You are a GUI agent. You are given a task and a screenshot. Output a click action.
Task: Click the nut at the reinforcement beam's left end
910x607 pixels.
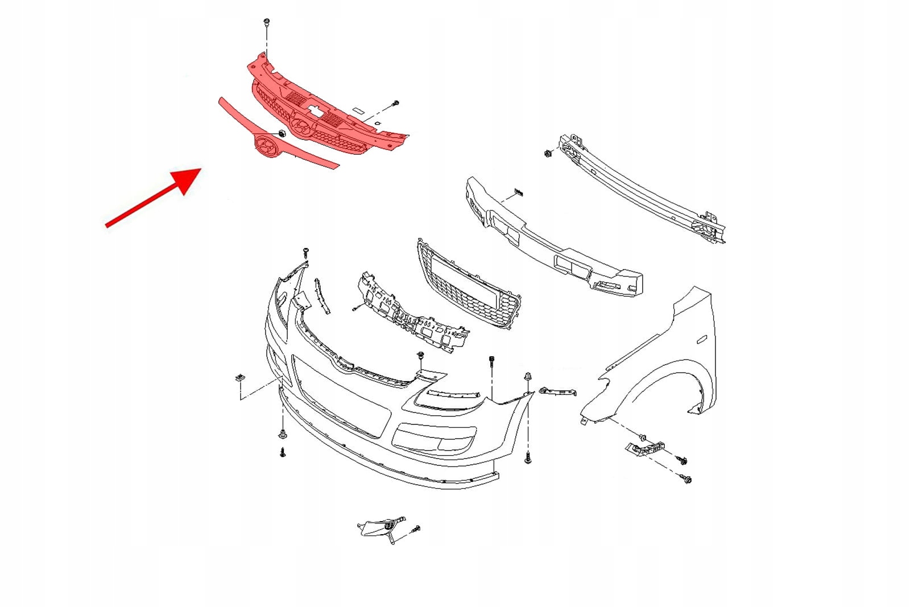548,153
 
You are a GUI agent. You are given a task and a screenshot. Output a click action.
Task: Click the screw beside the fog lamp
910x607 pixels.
415,529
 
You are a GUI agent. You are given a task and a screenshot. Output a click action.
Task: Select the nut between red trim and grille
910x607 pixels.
281,135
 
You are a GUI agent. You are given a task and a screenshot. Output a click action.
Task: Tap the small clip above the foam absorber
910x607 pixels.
518,192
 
